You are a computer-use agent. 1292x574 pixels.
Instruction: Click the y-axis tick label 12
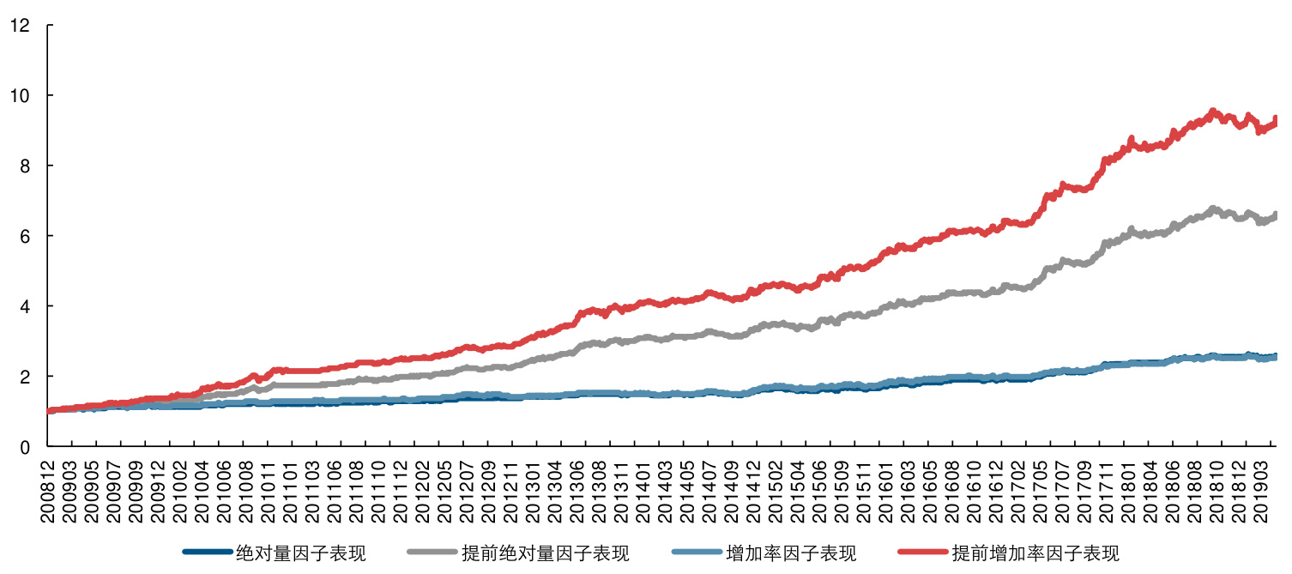[20, 26]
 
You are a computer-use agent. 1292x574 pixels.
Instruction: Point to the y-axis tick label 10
[20, 95]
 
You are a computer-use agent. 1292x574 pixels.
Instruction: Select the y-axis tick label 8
[24, 166]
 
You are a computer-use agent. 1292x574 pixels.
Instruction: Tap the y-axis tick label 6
[24, 236]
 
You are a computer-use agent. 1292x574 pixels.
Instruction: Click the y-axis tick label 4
[24, 306]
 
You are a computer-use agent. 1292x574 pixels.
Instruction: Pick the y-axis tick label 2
[24, 377]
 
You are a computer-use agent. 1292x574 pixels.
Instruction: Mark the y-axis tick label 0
[24, 447]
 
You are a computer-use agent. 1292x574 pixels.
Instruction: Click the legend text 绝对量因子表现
[301, 553]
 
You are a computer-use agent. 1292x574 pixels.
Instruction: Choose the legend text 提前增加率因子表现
[1035, 553]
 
